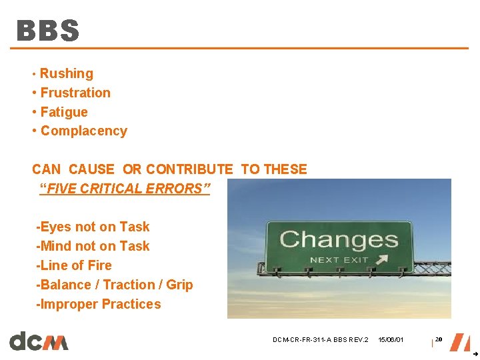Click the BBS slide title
click(48, 31)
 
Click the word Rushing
click(67, 74)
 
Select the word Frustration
click(75, 93)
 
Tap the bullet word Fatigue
click(64, 112)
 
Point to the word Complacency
click(84, 131)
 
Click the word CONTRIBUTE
click(189, 169)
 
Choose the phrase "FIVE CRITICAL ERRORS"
click(125, 189)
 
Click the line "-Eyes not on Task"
click(93, 227)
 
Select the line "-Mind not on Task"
click(93, 246)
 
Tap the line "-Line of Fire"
click(74, 265)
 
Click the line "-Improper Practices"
click(99, 304)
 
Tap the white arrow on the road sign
click(385, 259)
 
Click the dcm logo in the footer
click(39, 341)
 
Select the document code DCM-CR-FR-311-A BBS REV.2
click(320, 340)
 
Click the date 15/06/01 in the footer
click(391, 340)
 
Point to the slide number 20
click(439, 339)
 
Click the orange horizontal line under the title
click(240, 48)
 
